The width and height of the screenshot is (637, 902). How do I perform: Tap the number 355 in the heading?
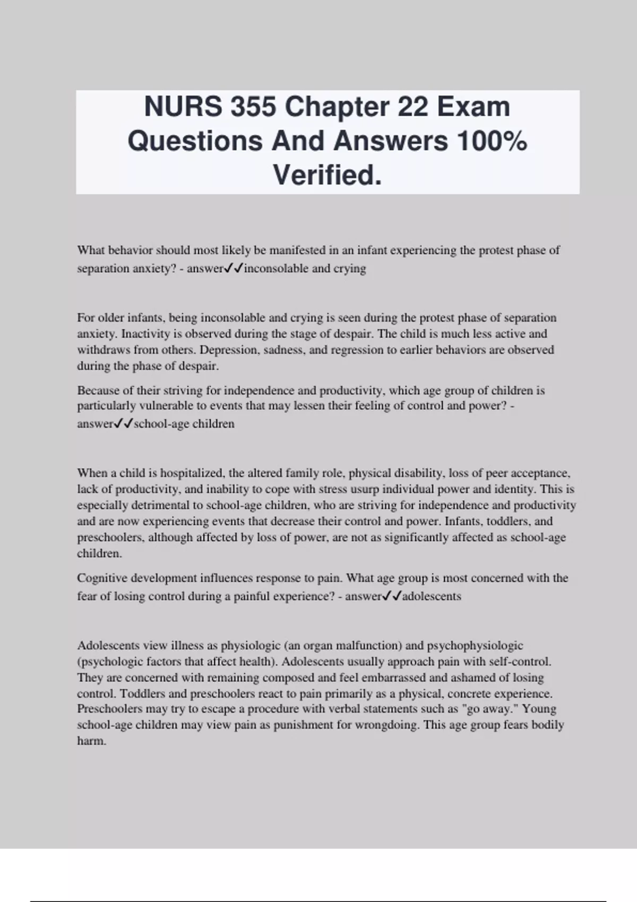click(x=253, y=107)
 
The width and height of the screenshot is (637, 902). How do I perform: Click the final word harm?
click(x=92, y=741)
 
